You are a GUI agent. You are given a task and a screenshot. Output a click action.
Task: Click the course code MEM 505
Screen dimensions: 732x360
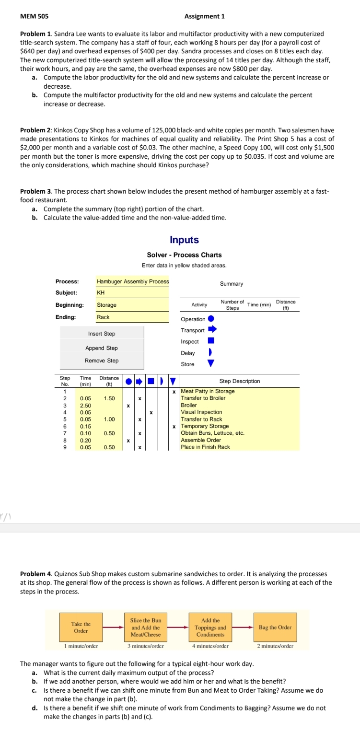(x=34, y=16)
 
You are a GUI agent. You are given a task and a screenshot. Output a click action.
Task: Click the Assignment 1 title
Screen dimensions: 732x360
(x=204, y=16)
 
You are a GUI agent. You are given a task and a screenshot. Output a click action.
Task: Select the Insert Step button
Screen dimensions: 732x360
(x=102, y=334)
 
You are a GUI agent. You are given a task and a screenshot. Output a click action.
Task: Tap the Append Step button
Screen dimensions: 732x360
(x=102, y=348)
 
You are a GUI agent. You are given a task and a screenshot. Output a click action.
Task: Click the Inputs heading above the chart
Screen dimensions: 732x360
(x=184, y=240)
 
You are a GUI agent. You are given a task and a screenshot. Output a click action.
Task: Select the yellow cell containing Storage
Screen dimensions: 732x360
(x=132, y=305)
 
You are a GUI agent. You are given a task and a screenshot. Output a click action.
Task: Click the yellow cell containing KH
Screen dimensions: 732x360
(x=132, y=292)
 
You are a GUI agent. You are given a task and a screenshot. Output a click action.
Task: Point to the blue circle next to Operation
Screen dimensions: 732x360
(x=210, y=319)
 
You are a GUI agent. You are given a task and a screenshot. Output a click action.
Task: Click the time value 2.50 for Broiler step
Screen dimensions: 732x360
(x=86, y=405)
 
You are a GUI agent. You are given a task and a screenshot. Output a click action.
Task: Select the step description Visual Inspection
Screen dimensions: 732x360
(x=201, y=412)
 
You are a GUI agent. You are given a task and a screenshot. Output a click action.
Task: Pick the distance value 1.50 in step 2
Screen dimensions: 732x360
(x=109, y=398)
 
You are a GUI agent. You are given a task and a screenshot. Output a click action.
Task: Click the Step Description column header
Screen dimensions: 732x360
(x=240, y=381)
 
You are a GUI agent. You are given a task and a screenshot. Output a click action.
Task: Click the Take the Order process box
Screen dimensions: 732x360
(x=81, y=627)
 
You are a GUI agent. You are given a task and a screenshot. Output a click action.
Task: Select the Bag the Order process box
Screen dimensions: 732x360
(x=275, y=627)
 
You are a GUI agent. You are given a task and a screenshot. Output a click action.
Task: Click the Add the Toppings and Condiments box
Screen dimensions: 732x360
(x=210, y=627)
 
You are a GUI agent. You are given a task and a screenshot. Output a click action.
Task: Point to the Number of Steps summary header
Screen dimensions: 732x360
(x=232, y=304)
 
